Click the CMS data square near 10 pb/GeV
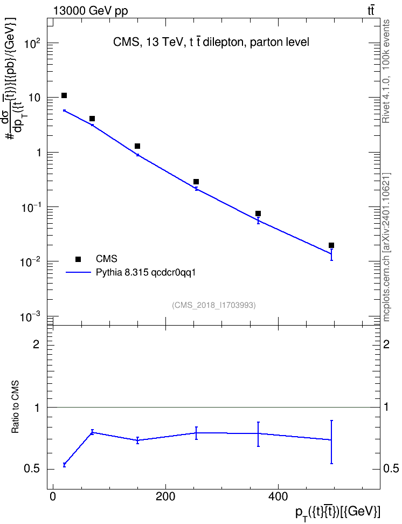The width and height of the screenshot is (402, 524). [x=64, y=95]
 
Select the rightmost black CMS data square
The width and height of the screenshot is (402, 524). [x=331, y=245]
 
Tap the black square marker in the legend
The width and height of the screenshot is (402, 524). [x=78, y=259]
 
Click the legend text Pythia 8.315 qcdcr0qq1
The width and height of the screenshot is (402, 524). [x=145, y=272]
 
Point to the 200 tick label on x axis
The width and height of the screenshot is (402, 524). [x=165, y=497]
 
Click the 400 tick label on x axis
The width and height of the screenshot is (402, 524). [x=278, y=497]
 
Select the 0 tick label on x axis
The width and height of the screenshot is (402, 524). [x=53, y=497]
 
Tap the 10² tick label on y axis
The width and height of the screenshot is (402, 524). [x=33, y=44]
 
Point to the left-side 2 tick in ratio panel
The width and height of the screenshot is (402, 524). [x=36, y=344]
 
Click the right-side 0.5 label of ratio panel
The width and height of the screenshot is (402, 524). [x=391, y=469]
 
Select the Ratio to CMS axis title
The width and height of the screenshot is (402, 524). [x=16, y=407]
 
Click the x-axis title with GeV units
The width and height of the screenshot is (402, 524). [x=338, y=513]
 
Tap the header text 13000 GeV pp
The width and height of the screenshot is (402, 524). [x=91, y=11]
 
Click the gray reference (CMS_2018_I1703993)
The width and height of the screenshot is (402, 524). [x=214, y=305]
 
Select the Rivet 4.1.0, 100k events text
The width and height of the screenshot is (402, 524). [x=386, y=71]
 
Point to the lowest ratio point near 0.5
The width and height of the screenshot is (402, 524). [x=64, y=465]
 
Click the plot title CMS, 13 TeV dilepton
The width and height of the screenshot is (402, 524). [x=211, y=42]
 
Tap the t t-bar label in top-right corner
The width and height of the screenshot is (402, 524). [x=371, y=10]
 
